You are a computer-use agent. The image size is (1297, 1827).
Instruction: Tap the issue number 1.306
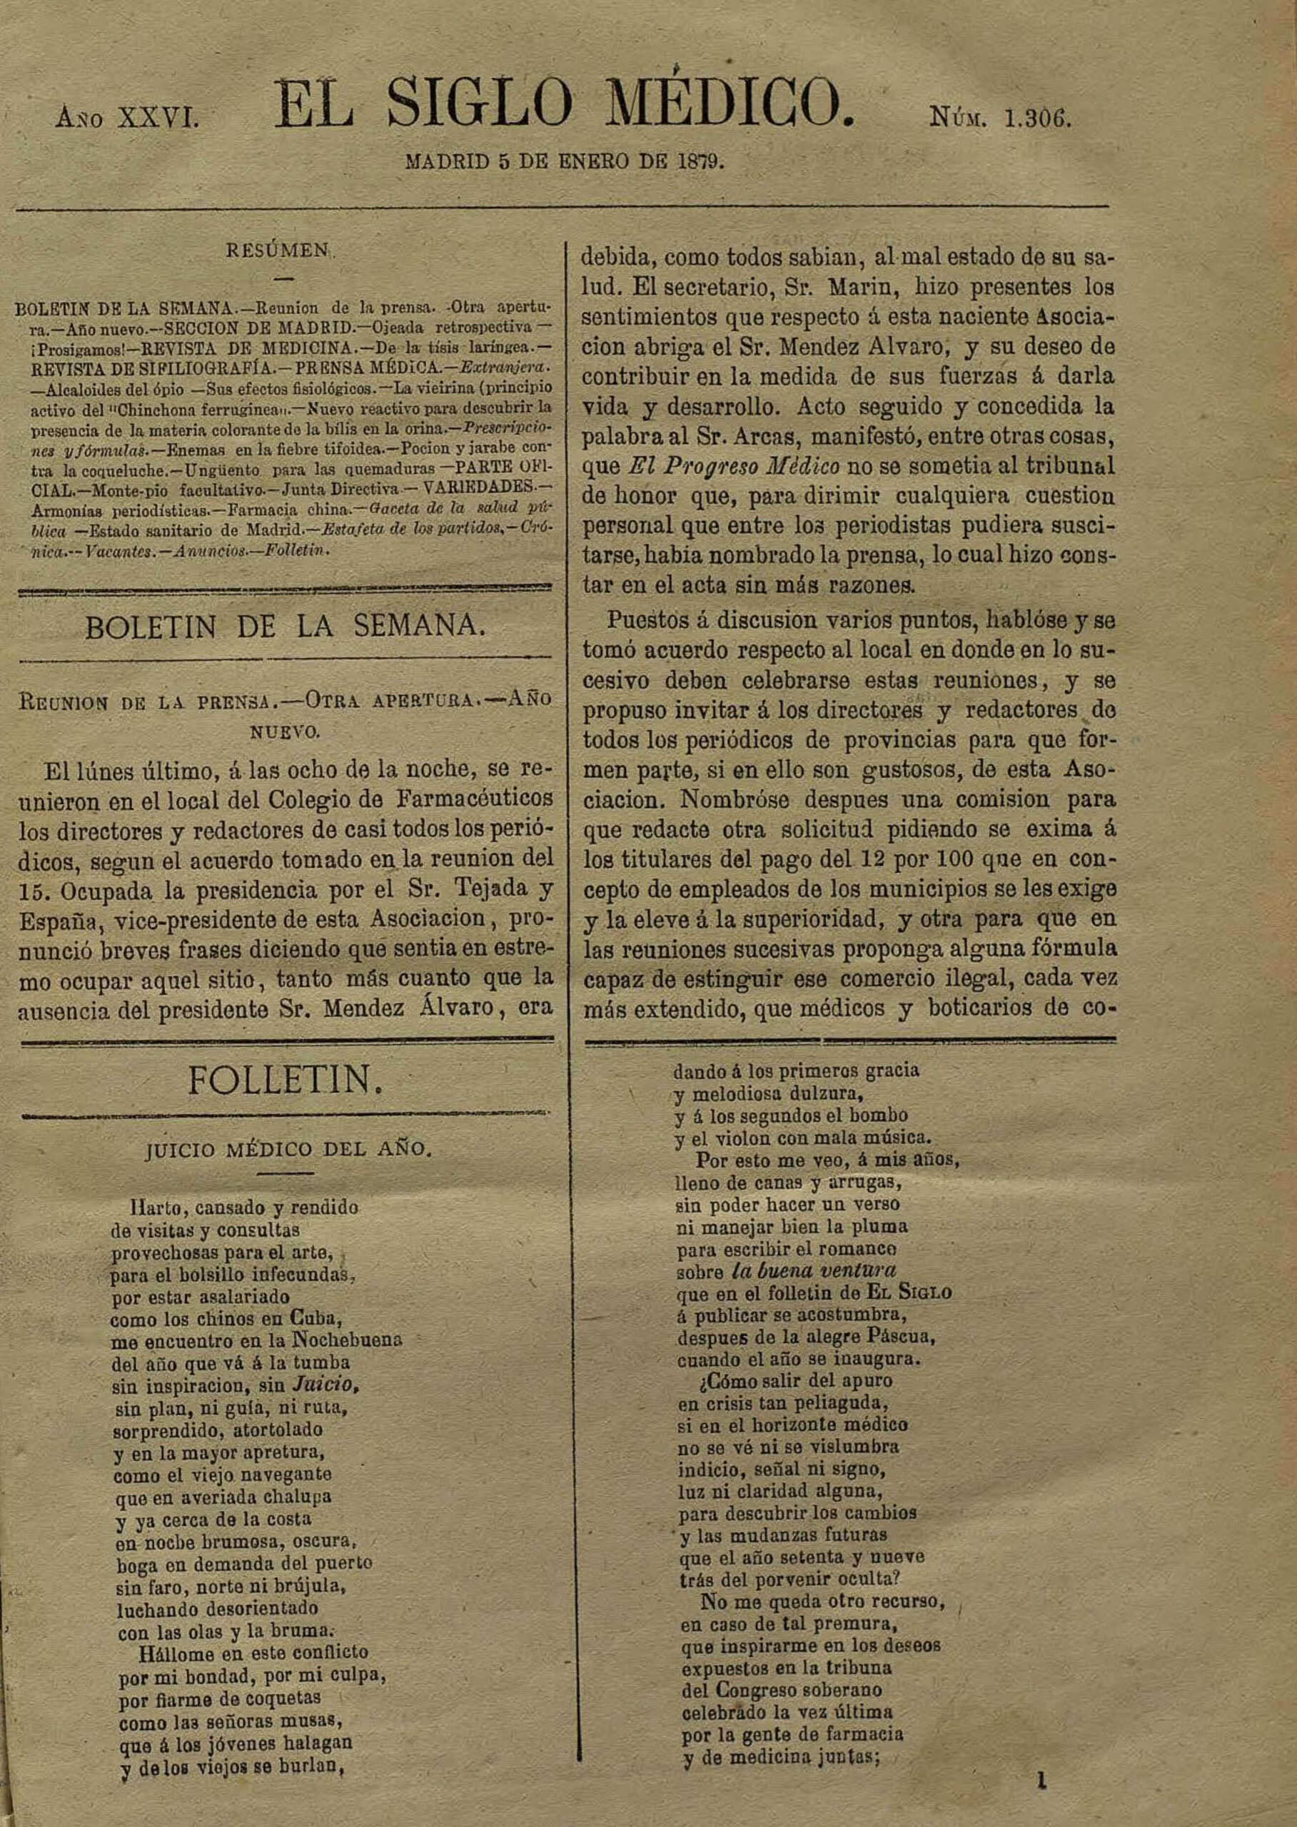pyautogui.click(x=1036, y=119)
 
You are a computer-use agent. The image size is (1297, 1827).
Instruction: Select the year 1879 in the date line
pyautogui.click(x=700, y=161)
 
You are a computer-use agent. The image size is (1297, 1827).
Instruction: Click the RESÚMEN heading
pyautogui.click(x=278, y=250)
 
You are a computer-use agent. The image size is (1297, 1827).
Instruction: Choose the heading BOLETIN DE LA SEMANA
pyautogui.click(x=284, y=626)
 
